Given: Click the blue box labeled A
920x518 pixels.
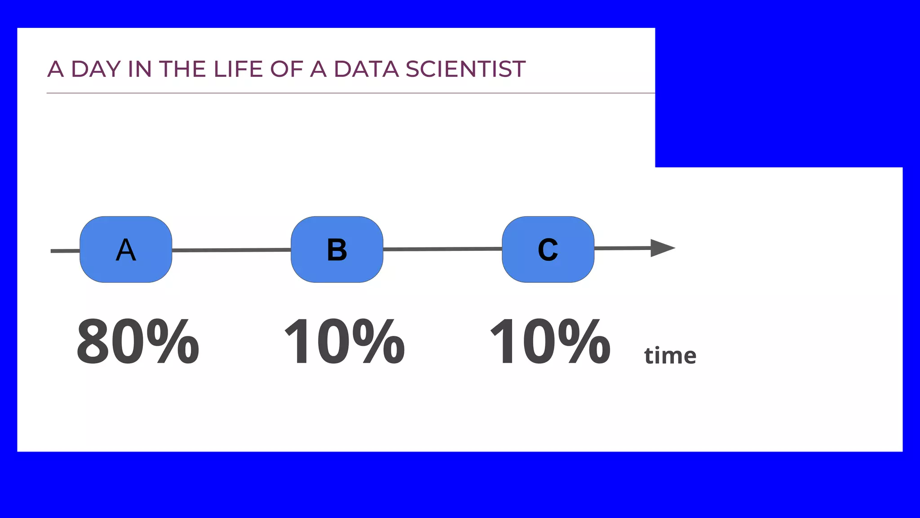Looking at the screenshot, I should point(126,250).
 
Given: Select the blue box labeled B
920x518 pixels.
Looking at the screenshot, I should point(337,250).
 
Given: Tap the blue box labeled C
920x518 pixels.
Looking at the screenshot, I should point(548,250).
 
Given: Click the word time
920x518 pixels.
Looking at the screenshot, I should point(670,356).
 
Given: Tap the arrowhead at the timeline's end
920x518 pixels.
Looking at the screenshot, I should point(662,248).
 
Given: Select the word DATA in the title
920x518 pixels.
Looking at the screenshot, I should point(366,69).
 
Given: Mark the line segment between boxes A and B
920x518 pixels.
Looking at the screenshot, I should point(231,250).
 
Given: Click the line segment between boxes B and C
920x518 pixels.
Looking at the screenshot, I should point(442,249).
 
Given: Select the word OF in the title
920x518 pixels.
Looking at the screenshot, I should point(286,69).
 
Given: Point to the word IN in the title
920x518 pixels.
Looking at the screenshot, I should point(140,69).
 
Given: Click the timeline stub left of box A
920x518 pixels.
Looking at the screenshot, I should point(65,251).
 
